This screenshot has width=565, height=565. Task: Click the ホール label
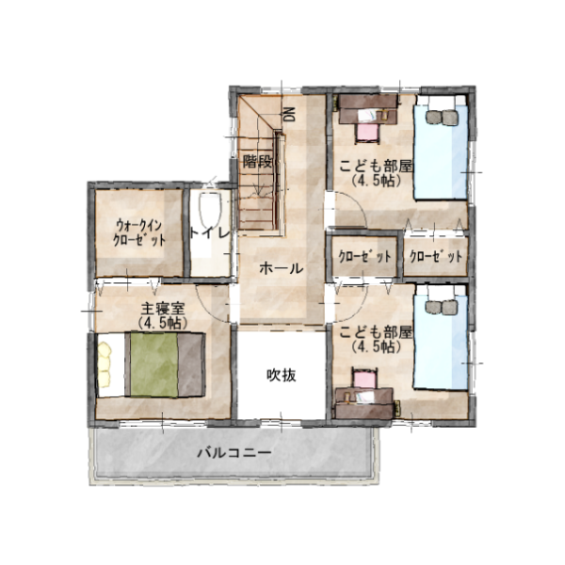(282, 268)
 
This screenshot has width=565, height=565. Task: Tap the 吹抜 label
(282, 376)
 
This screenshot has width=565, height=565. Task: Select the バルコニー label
(234, 452)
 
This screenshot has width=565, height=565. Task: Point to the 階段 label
(257, 161)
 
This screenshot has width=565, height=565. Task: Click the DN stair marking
(289, 115)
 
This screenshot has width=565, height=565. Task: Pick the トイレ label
(209, 234)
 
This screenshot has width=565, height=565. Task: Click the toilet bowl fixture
(210, 211)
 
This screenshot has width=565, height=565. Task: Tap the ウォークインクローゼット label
(139, 233)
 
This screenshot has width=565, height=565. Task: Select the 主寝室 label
(163, 309)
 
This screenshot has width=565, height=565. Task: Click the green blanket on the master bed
(153, 364)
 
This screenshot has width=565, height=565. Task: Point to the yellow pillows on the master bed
(105, 365)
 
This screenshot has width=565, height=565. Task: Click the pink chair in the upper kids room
(367, 133)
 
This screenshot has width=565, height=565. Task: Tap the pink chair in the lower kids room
(363, 379)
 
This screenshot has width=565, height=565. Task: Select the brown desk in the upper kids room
(368, 108)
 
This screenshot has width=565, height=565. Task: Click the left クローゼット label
(364, 256)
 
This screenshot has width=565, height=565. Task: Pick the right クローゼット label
(436, 256)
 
